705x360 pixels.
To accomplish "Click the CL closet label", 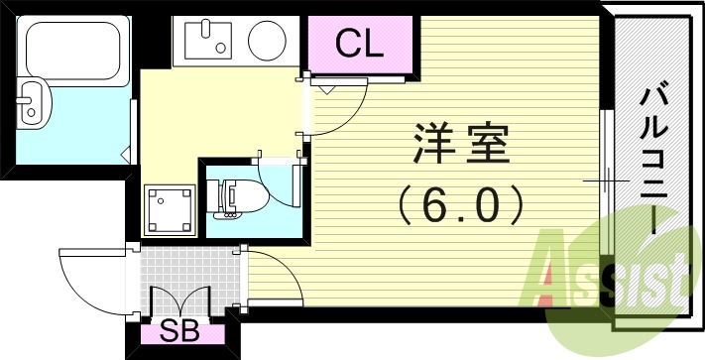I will [359, 43].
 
